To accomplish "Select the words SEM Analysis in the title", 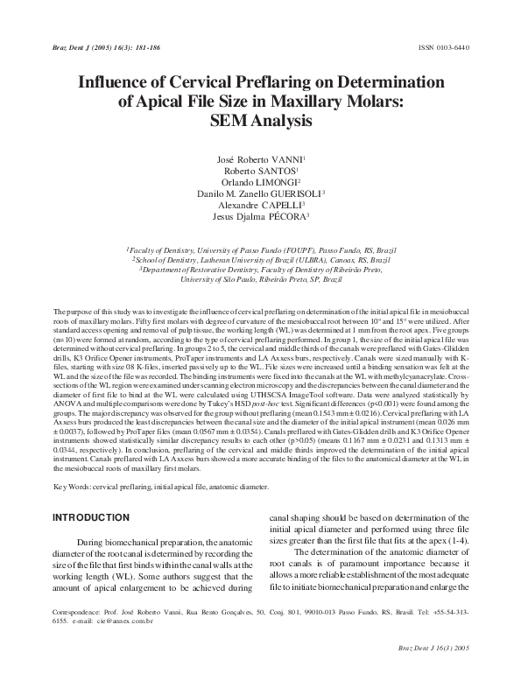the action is tap(259, 121).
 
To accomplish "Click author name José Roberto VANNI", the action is tap(259, 159).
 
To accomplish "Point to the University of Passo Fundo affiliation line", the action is tap(259, 249).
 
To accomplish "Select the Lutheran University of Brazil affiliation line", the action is tap(259, 260).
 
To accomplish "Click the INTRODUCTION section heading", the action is tap(92, 518).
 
